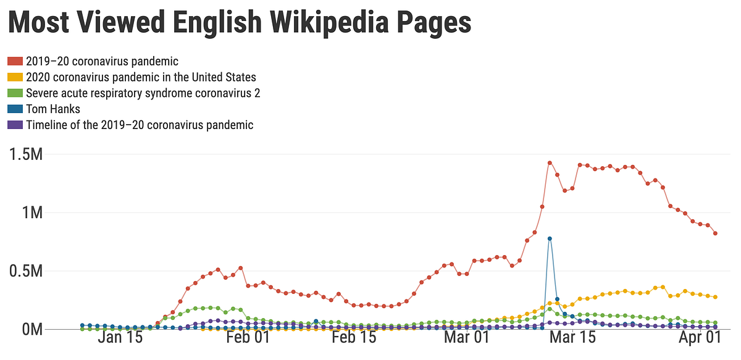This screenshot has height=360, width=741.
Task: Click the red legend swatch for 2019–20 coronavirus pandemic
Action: click(15, 61)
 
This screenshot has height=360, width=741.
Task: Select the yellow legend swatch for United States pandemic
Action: click(15, 77)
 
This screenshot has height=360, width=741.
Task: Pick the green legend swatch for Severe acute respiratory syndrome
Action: click(15, 93)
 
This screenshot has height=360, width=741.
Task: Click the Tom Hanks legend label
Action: click(53, 109)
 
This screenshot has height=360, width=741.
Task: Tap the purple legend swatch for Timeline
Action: click(15, 125)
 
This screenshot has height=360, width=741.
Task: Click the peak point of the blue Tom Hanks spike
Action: click(550, 238)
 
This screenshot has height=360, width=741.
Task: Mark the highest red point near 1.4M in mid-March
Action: click(550, 163)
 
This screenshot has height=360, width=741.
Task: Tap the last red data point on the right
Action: click(715, 233)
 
